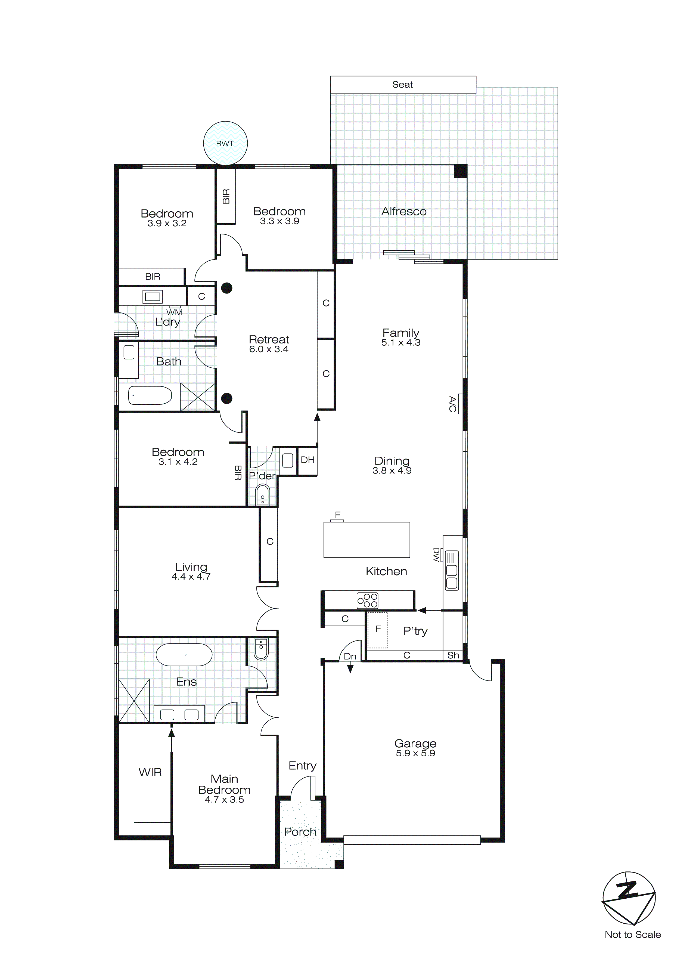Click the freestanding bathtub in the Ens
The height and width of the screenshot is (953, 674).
point(184,655)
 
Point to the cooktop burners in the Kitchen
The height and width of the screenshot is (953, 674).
point(367,600)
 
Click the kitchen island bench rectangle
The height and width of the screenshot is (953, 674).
point(366,540)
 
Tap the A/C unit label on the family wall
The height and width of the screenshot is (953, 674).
point(453,404)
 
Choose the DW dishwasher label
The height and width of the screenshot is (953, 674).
point(436,555)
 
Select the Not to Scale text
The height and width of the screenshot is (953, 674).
point(632,935)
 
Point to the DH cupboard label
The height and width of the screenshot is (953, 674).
point(308,460)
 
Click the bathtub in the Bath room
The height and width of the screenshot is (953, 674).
point(150,395)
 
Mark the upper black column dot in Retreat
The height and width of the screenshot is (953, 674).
point(226,288)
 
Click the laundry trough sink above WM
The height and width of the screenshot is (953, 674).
point(152,296)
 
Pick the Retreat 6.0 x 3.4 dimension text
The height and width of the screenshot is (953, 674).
point(269,349)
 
